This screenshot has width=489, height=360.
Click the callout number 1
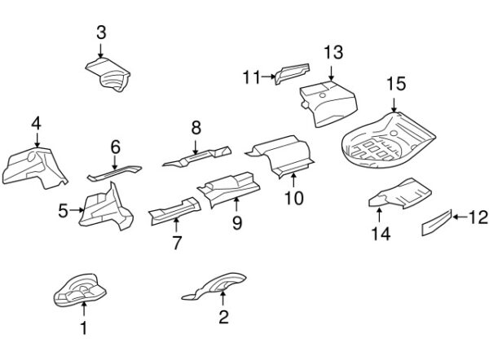pos(83,329)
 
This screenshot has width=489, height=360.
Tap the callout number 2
pos(223,318)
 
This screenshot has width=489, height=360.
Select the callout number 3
pos(101,33)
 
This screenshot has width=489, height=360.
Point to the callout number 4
pos(36,123)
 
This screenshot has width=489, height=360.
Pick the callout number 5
pos(64,210)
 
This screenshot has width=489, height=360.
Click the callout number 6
pos(115,147)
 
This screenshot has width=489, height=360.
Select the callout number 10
pos(293,197)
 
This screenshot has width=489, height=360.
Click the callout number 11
pos(249,77)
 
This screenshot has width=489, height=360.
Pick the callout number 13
pos(333,53)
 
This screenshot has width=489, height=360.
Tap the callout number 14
pos(381,235)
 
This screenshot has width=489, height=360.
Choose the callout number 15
pos(395,83)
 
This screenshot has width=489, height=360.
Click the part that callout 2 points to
pos(217,286)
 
